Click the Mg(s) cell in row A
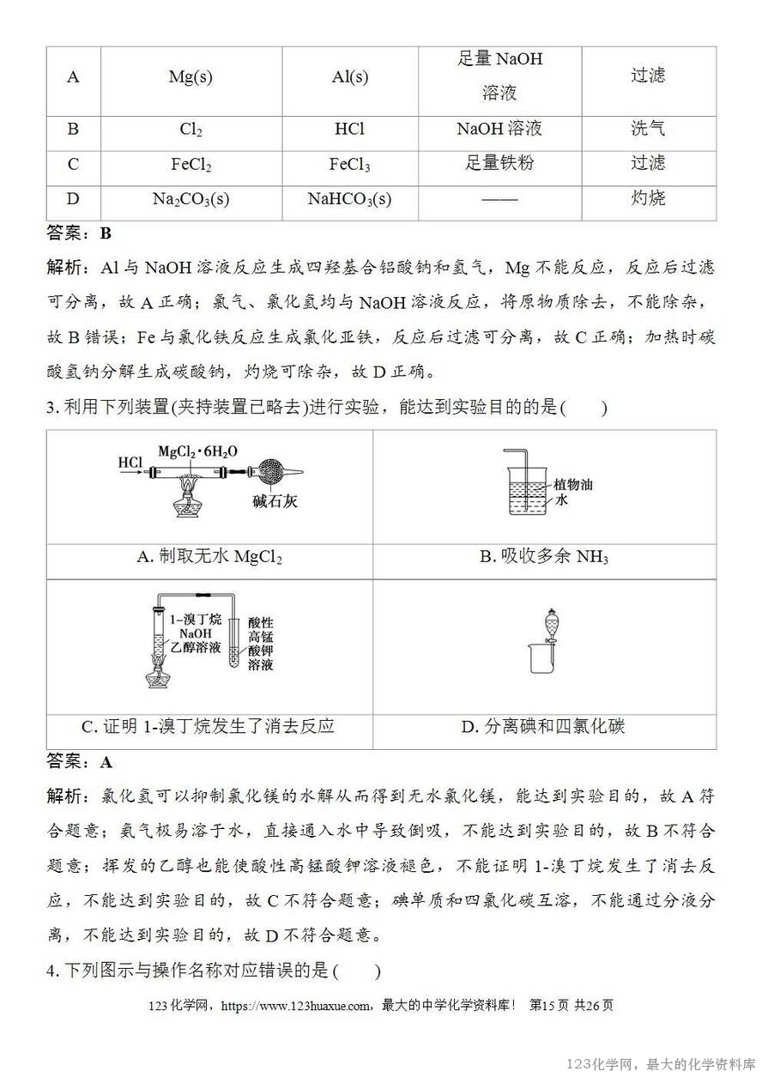pyautogui.click(x=190, y=77)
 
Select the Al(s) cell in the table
pyautogui.click(x=350, y=77)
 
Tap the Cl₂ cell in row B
pyautogui.click(x=190, y=130)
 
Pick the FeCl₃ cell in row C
pyautogui.click(x=350, y=165)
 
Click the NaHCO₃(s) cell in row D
pyautogui.click(x=350, y=200)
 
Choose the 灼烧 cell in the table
pyautogui.click(x=648, y=199)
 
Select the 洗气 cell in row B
pyautogui.click(x=648, y=130)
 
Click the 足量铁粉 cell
pyautogui.click(x=499, y=163)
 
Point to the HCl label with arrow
pyautogui.click(x=130, y=463)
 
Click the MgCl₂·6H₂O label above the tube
pyautogui.click(x=198, y=451)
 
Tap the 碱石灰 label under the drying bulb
pyautogui.click(x=275, y=502)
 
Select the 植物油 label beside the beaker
pyautogui.click(x=573, y=485)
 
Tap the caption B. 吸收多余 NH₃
pyautogui.click(x=544, y=558)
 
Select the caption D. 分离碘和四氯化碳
pyautogui.click(x=544, y=728)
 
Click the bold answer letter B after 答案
pyautogui.click(x=106, y=233)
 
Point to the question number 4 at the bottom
pyautogui.click(x=51, y=971)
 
